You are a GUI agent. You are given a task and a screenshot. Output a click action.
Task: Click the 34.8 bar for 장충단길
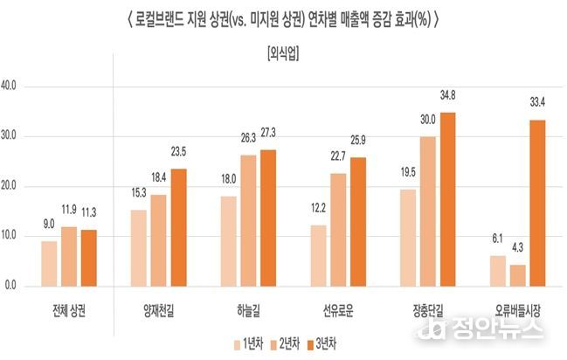pyautogui.click(x=448, y=199)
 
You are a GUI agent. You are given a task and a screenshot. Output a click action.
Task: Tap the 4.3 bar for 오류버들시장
pyautogui.click(x=518, y=275)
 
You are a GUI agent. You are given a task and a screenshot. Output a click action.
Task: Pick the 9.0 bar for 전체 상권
pyautogui.click(x=49, y=263)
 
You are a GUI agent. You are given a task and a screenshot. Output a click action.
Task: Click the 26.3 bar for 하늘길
pyautogui.click(x=248, y=220)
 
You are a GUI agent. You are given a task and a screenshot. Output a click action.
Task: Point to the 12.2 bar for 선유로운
pyautogui.click(x=320, y=255)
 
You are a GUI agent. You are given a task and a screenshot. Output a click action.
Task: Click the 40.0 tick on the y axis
pyautogui.click(x=17, y=87)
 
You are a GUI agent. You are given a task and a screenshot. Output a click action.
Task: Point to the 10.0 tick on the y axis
pyautogui.click(x=17, y=236)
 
